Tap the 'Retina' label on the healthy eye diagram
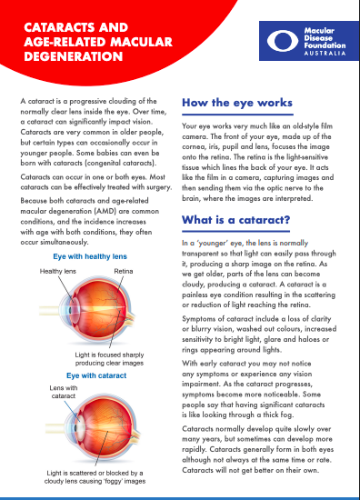pyautogui.click(x=123, y=271)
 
